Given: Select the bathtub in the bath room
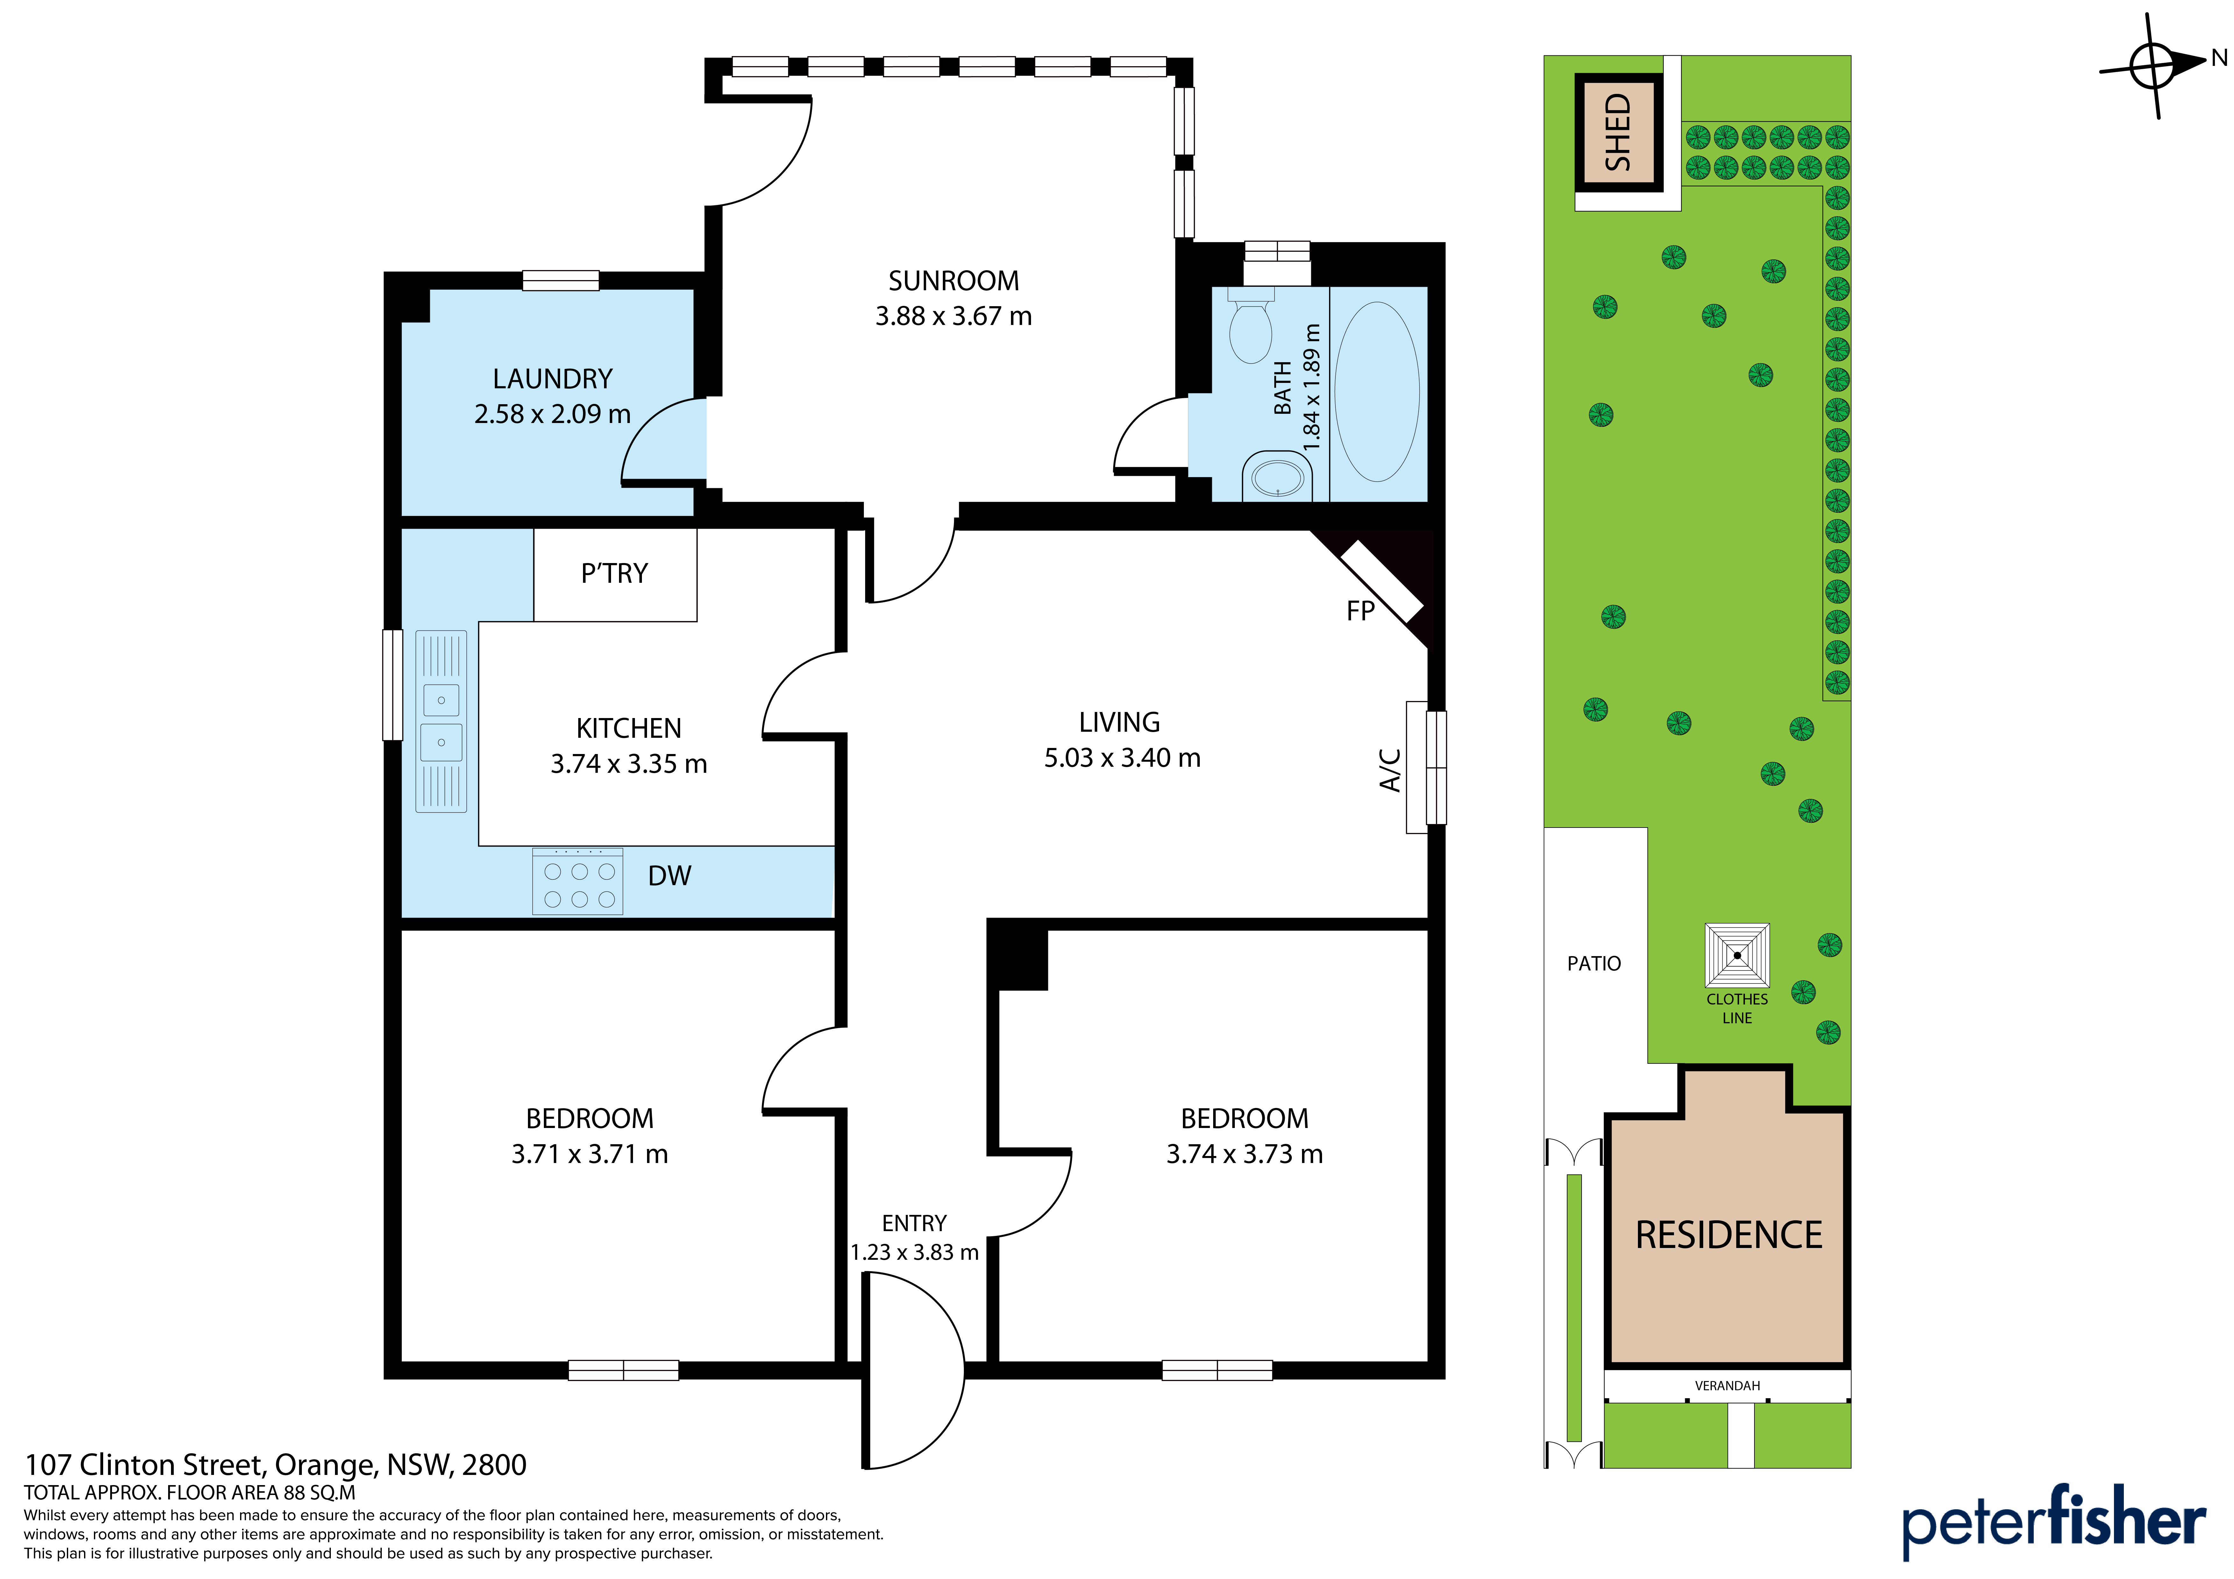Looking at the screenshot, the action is pos(1377,392).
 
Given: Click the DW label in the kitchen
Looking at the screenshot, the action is pos(669,876).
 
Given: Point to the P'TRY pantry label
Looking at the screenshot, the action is pos(614,573).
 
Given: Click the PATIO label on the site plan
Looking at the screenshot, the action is pos(1594,963).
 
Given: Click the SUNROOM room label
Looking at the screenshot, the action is pos(954,281).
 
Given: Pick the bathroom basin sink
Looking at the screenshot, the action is pos(1277,478).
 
